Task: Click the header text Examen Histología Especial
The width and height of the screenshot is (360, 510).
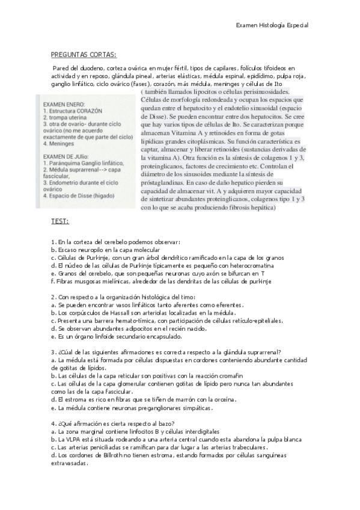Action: pyautogui.click(x=272, y=25)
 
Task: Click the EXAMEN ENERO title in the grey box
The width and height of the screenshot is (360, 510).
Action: pyautogui.click(x=64, y=103)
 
